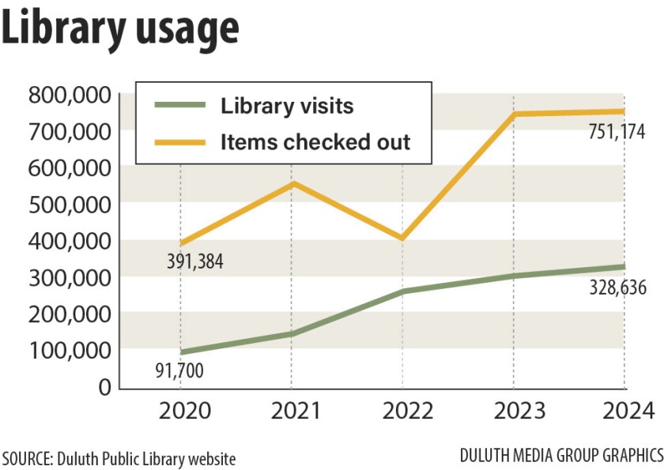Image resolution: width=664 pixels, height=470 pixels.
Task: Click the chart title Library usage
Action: pyautogui.click(x=120, y=29)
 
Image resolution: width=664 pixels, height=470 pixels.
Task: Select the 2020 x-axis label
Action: pyautogui.click(x=180, y=412)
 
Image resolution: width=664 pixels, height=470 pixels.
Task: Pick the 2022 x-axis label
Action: pyautogui.click(x=402, y=412)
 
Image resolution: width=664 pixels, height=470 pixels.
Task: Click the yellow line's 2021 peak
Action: pyautogui.click(x=292, y=183)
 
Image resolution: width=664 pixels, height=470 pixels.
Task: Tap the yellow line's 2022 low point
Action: pyautogui.click(x=402, y=238)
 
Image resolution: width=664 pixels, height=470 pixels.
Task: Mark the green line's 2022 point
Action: pyautogui.click(x=402, y=291)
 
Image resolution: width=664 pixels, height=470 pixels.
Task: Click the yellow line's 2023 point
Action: pyautogui.click(x=514, y=115)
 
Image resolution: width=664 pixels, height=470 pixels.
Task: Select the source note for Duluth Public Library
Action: pyautogui.click(x=119, y=457)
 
